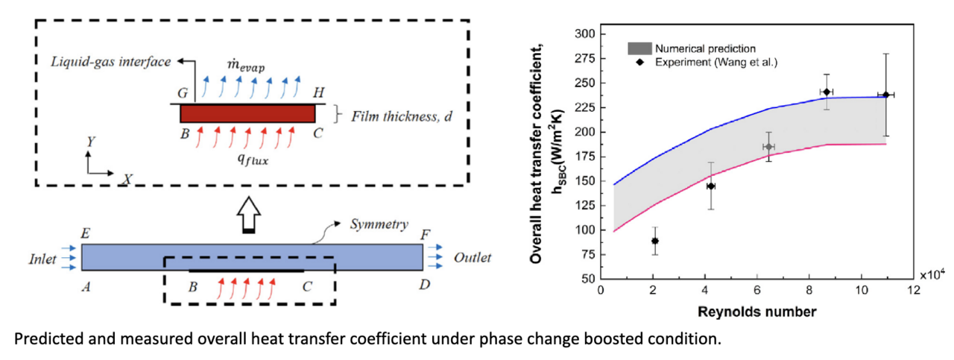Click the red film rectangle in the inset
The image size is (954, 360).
tap(247, 113)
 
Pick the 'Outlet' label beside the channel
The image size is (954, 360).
tap(473, 258)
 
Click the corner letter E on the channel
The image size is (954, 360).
tap(86, 235)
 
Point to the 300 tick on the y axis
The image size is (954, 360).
tap(585, 34)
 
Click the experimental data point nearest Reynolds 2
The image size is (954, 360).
tap(655, 241)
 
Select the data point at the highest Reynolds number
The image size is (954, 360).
tap(885, 95)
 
